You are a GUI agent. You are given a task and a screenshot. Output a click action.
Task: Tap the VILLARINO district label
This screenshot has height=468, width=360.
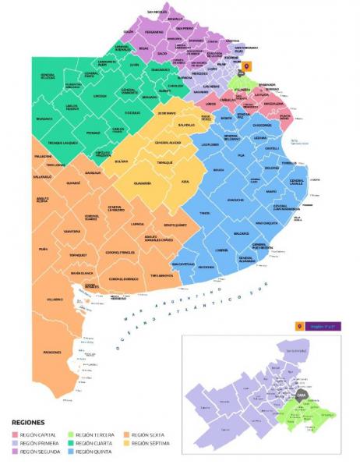(x=54, y=299)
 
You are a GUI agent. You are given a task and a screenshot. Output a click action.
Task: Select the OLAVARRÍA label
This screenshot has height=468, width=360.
(x=142, y=183)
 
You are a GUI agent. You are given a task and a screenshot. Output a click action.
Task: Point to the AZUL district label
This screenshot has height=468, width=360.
(x=185, y=181)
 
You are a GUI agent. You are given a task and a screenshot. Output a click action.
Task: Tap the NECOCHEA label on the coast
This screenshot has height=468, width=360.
(x=206, y=267)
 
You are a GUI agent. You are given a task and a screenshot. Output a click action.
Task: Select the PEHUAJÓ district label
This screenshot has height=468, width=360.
(x=93, y=133)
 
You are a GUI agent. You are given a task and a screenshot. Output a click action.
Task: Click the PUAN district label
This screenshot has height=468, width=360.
(x=43, y=249)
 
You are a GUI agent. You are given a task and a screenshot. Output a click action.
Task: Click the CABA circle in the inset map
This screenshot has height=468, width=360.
(x=299, y=395)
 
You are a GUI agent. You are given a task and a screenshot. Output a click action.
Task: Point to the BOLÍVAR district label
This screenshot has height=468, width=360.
(x=121, y=161)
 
